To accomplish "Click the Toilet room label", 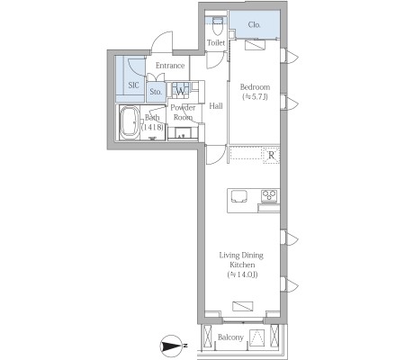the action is (216, 42).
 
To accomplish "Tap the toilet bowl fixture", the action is (217, 26).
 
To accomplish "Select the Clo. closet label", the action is (254, 25).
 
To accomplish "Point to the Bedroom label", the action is (255, 87).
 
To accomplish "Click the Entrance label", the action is (170, 66).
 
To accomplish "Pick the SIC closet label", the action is (133, 85).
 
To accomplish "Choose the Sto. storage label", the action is (156, 92).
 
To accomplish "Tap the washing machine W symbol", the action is (180, 91).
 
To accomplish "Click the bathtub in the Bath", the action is (130, 122).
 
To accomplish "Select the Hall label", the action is (216, 106).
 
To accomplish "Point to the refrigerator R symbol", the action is (271, 156).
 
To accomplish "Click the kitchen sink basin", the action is (239, 196).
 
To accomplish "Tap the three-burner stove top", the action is (269, 195).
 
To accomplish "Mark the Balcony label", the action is (230, 337).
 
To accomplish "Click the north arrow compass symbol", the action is (173, 346).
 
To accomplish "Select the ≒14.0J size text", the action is (243, 274).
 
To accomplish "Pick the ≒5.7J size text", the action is (255, 96).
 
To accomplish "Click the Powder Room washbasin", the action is (183, 133).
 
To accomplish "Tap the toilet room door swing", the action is (216, 60).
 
